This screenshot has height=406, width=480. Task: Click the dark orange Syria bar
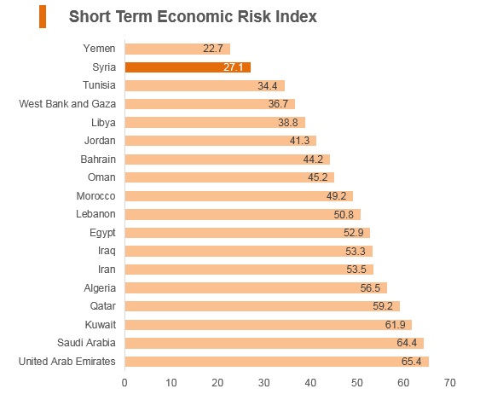click(188, 67)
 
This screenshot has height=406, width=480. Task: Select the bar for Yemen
click(177, 49)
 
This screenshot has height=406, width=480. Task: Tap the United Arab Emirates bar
click(277, 362)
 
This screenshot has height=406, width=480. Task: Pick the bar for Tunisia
click(205, 86)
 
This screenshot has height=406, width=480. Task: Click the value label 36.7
click(278, 104)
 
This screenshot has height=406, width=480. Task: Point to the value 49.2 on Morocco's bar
click(336, 196)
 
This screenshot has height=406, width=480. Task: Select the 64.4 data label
click(407, 343)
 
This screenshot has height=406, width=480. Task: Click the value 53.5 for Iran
click(356, 270)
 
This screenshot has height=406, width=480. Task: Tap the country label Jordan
click(100, 141)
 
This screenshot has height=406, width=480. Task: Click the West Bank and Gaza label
click(67, 104)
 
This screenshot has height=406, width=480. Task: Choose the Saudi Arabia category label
click(86, 343)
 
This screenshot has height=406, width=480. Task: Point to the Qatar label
click(103, 306)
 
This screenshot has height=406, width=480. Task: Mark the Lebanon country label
click(95, 214)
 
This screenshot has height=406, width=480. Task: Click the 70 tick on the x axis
click(449, 383)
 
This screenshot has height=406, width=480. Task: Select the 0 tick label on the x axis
click(124, 383)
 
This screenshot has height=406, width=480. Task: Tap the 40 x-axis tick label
click(310, 383)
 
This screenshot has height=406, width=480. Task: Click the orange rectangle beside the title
click(43, 17)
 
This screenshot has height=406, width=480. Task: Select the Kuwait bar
click(269, 325)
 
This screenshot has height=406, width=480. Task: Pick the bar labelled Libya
click(215, 123)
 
